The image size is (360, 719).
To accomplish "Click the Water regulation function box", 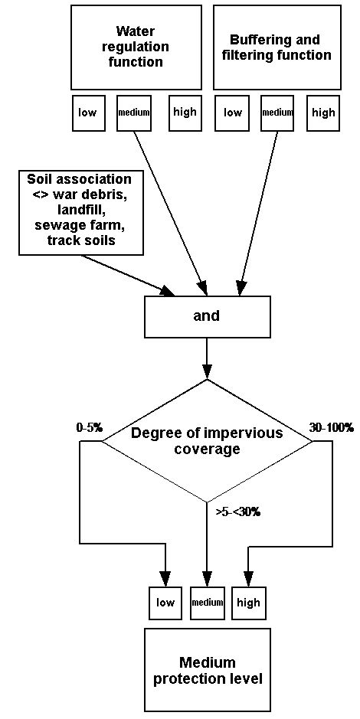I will click(136, 47).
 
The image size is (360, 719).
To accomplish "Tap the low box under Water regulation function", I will click(87, 113).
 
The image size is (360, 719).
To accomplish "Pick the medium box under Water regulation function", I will click(133, 113).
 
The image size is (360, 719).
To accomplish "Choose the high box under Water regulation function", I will click(185, 113).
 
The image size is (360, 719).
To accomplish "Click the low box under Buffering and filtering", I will click(232, 113).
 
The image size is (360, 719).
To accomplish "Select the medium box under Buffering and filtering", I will click(277, 113).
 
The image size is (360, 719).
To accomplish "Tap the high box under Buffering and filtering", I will click(323, 113).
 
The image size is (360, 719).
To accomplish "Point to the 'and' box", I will click(207, 315).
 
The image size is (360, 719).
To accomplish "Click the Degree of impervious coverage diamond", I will click(207, 440).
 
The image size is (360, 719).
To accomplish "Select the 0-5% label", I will click(90, 428).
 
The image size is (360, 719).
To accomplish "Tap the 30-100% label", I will click(331, 428).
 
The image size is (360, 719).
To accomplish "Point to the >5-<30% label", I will click(237, 511).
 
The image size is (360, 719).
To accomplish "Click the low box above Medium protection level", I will click(165, 603).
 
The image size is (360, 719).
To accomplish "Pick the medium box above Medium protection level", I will click(207, 603).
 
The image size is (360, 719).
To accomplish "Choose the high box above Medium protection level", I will click(248, 603).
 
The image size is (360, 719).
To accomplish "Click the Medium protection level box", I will click(207, 670).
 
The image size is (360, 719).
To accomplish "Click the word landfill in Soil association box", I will click(79, 211).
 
